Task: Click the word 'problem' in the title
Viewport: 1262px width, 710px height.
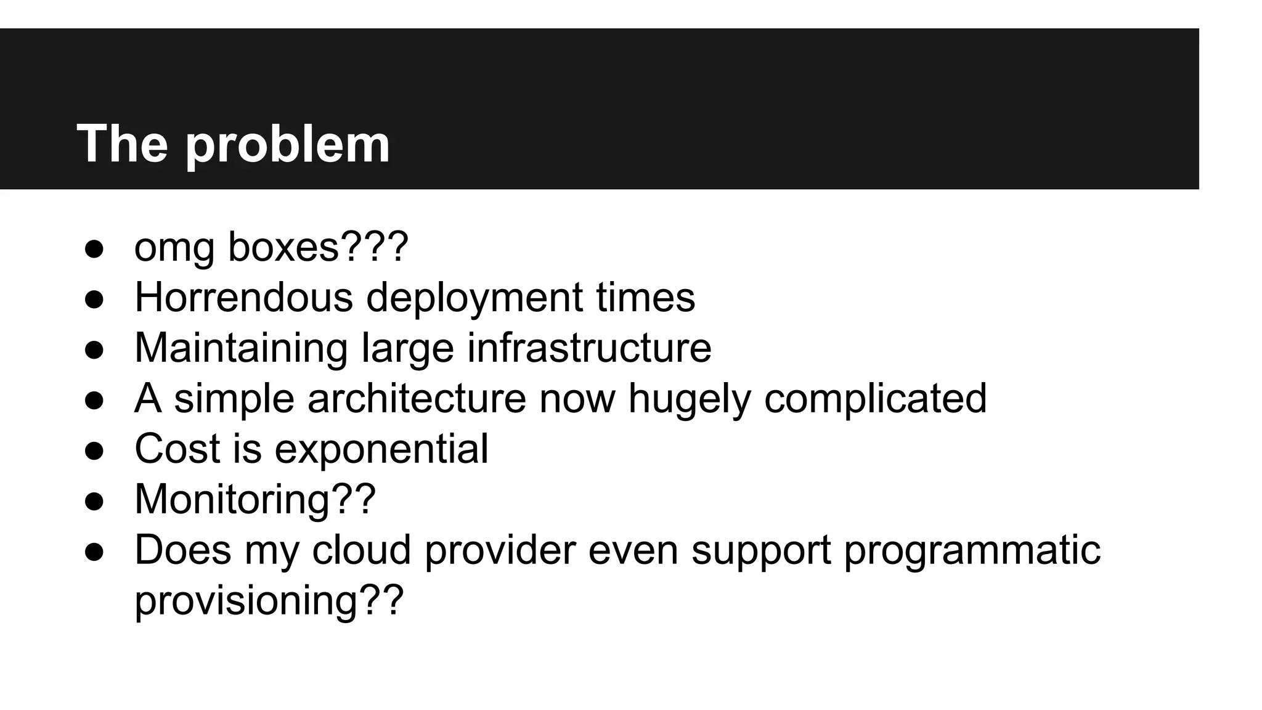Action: (x=287, y=145)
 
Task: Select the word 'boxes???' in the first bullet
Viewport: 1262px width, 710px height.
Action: (x=318, y=247)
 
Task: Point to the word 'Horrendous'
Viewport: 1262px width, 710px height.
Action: (x=243, y=297)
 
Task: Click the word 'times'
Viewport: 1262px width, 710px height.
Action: (x=645, y=297)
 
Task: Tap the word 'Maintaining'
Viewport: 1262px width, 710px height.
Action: (x=241, y=348)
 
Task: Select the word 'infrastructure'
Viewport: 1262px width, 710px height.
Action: (x=589, y=348)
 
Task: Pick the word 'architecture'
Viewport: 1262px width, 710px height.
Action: (x=417, y=398)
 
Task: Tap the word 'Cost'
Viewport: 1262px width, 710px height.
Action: (x=177, y=449)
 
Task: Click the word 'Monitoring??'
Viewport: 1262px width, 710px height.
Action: (x=254, y=499)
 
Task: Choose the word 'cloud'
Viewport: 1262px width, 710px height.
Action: (x=361, y=550)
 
